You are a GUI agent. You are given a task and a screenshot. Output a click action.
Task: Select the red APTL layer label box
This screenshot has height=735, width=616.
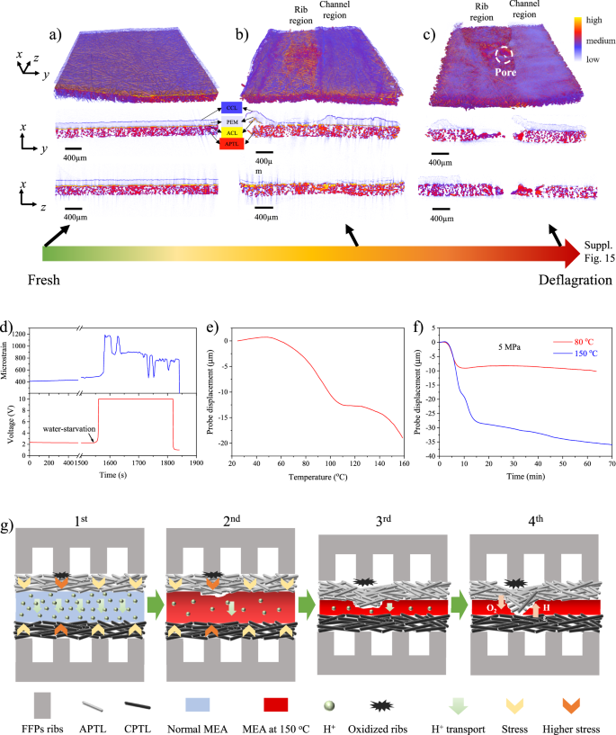[232, 142]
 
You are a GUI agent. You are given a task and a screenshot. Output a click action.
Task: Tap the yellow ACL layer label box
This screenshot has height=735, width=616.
[232, 131]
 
